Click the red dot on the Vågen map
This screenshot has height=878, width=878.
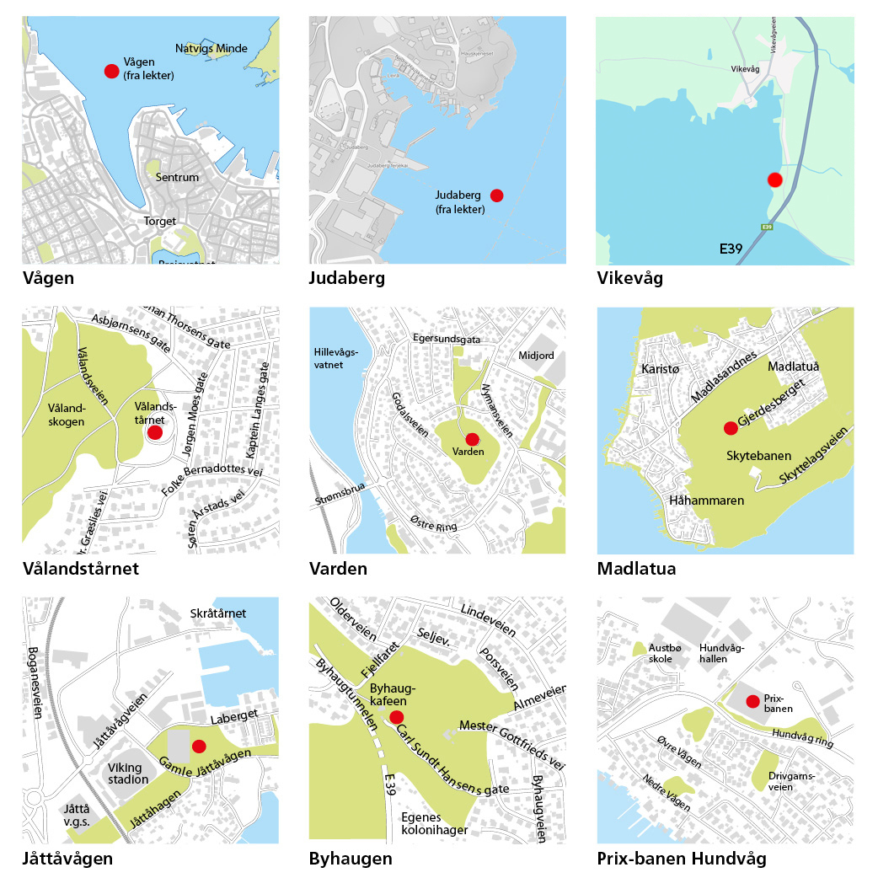point(110,71)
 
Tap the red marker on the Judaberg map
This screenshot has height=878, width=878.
point(496,195)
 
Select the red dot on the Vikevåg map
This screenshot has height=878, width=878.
point(774,179)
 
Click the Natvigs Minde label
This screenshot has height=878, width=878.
point(211,48)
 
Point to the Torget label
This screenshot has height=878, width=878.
point(160,221)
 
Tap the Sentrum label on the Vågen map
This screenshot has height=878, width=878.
point(177,178)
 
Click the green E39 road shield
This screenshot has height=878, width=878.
point(767,228)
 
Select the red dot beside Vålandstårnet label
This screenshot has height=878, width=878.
point(155,432)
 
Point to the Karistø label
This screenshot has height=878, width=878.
point(660,370)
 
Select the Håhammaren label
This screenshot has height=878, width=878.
point(706,501)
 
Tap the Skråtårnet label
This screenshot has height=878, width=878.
point(219,613)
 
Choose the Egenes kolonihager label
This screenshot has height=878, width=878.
point(435,823)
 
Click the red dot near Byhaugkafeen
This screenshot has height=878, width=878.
point(396,717)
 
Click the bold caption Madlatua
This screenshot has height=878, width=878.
point(636,569)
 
